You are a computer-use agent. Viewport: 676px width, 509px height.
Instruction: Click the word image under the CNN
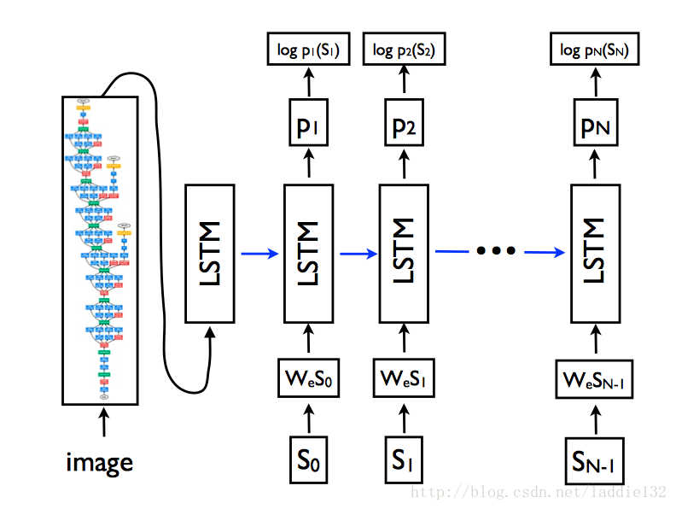[100, 463]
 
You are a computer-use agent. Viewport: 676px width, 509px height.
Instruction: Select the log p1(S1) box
[308, 50]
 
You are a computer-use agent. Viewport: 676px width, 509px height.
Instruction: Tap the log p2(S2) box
[404, 50]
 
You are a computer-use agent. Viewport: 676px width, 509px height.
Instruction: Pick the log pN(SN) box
[594, 50]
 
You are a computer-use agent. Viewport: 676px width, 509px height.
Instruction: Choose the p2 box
[404, 126]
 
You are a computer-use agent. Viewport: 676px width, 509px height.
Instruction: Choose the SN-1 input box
[594, 463]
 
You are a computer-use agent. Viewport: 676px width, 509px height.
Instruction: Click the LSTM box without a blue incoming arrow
[210, 253]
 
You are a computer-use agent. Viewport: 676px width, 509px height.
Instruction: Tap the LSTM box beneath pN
[594, 253]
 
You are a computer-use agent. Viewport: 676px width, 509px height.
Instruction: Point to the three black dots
[496, 251]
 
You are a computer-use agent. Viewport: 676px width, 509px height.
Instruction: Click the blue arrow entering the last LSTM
[545, 252]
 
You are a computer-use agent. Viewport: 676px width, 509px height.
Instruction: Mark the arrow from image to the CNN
[104, 421]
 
